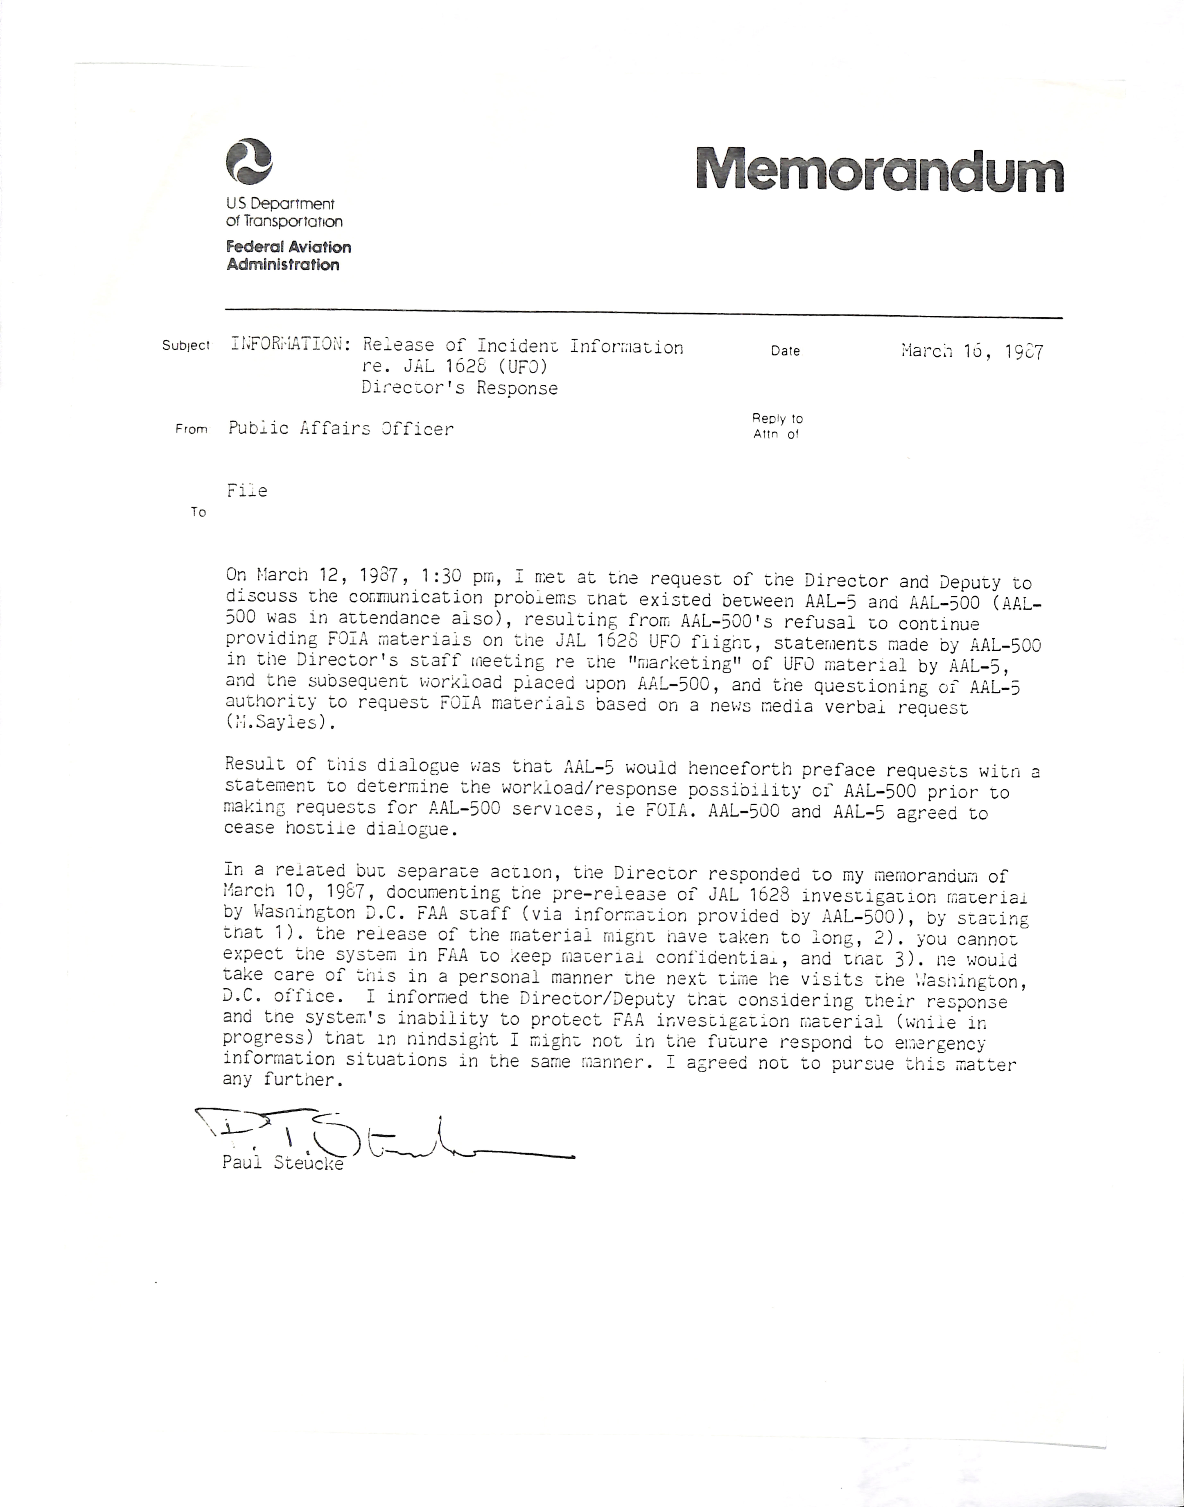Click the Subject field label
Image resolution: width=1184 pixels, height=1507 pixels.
pyautogui.click(x=186, y=345)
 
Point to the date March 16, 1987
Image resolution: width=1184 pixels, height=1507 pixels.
pyautogui.click(x=972, y=352)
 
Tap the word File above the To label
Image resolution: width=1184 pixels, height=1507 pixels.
pyautogui.click(x=247, y=491)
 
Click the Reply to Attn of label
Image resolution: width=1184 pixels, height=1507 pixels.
pyautogui.click(x=777, y=426)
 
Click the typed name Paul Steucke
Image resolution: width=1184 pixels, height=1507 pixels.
pyautogui.click(x=283, y=1163)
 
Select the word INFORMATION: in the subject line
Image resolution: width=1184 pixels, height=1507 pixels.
pyautogui.click(x=286, y=345)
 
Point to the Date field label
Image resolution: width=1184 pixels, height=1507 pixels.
pyautogui.click(x=785, y=351)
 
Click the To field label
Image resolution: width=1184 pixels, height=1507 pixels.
pyautogui.click(x=198, y=512)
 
